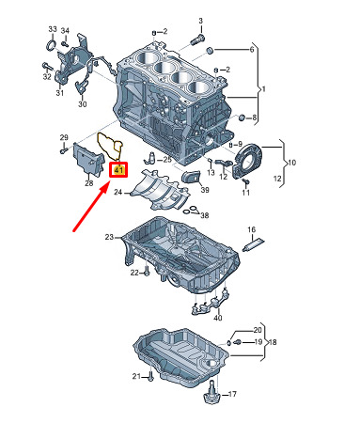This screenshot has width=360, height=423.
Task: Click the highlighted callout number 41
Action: tap(118, 170)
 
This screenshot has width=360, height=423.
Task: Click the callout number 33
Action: tap(53, 29)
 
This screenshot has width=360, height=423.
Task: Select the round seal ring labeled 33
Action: tap(52, 45)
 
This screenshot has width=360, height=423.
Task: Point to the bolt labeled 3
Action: tap(197, 40)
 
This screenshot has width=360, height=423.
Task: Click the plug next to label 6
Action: tap(210, 51)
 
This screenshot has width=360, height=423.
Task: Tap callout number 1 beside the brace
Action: tap(264, 89)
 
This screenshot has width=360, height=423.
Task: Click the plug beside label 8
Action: tap(242, 117)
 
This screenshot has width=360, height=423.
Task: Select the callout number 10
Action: tap(291, 163)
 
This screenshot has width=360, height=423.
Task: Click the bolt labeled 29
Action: tap(64, 149)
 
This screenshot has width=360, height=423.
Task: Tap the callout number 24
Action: tap(117, 192)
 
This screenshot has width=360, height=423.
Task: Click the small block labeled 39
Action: tap(191, 177)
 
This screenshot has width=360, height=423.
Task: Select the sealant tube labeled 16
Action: tap(254, 244)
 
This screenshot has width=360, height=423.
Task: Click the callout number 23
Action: tap(109, 237)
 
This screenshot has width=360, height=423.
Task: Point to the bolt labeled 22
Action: tap(147, 271)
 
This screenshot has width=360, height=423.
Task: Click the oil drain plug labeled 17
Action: tap(211, 392)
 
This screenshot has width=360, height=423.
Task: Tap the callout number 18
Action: tap(273, 342)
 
